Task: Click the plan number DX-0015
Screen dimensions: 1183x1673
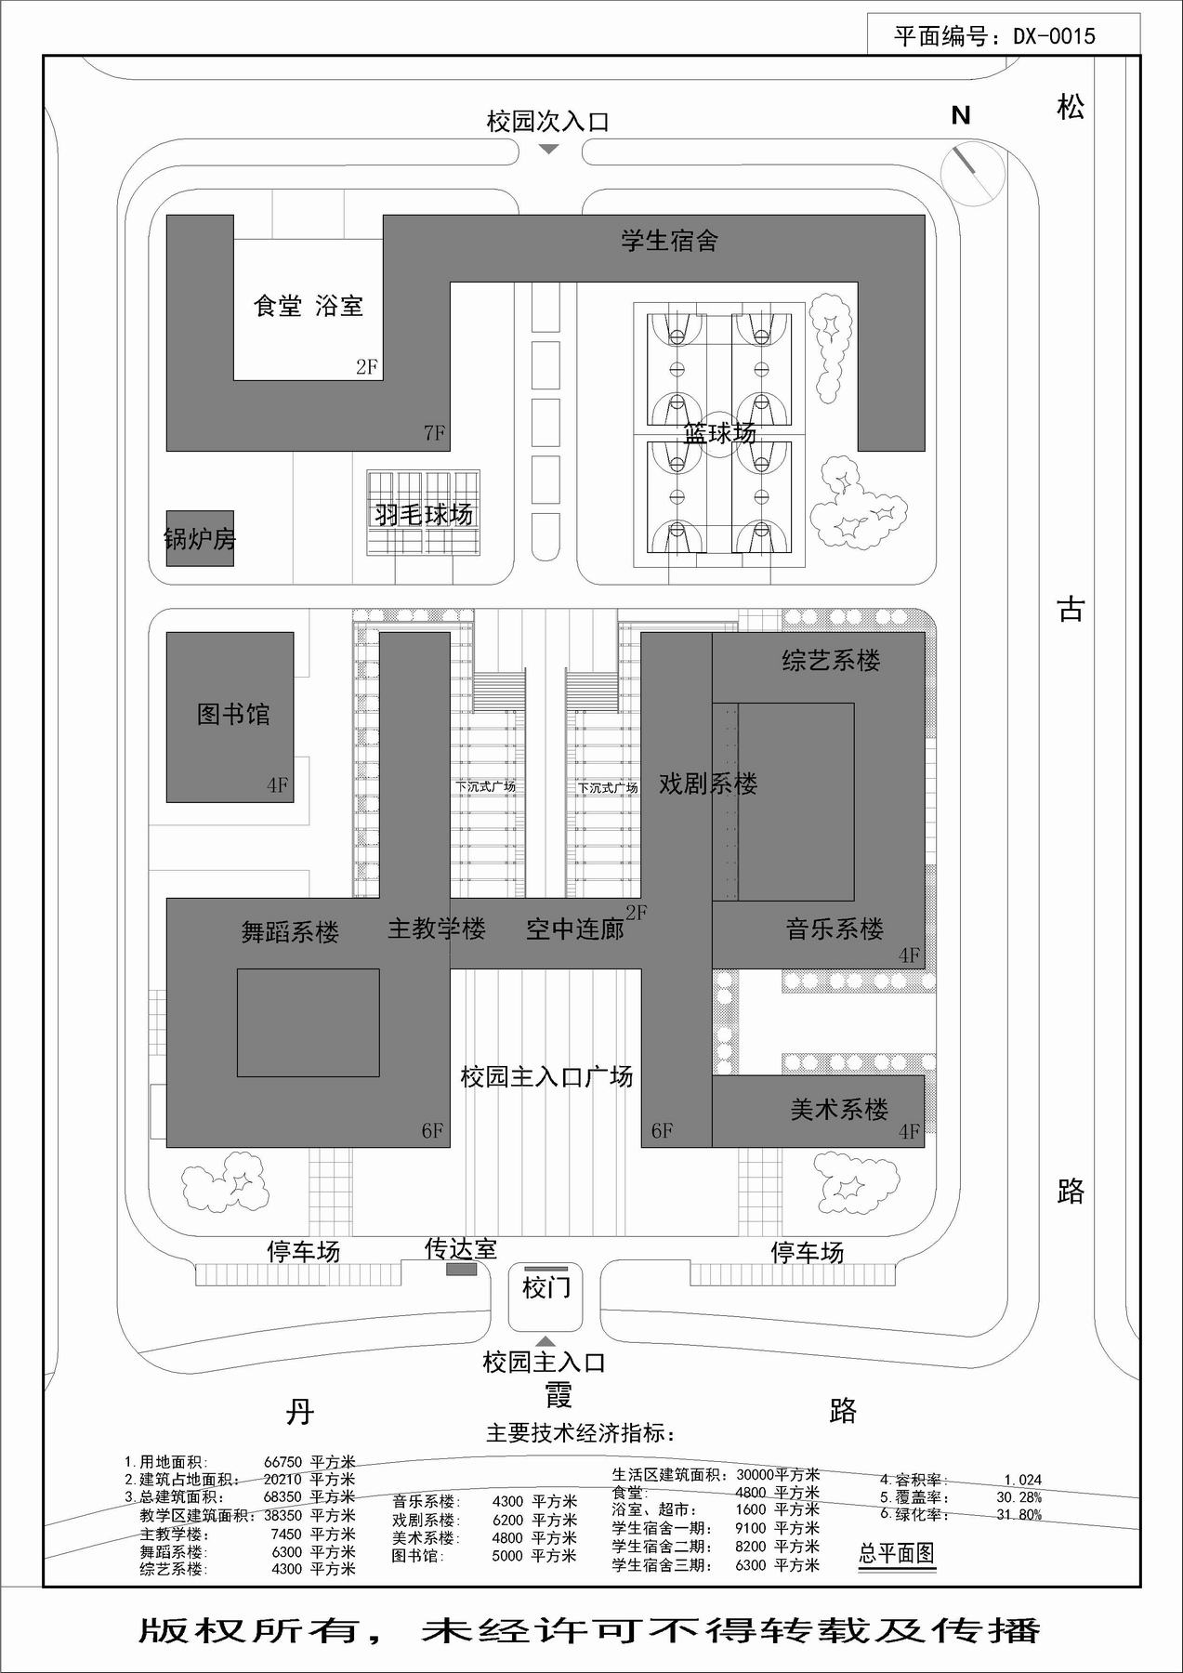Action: [x=1054, y=36]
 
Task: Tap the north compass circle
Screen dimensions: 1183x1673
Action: [x=973, y=173]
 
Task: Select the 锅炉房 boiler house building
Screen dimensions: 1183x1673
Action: [x=200, y=538]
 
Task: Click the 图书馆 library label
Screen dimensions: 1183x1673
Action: [x=233, y=714]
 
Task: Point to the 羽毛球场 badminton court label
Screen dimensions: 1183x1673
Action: [x=424, y=514]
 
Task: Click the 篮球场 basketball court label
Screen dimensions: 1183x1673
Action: [x=719, y=433]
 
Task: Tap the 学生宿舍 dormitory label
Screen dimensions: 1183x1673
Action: [x=669, y=241]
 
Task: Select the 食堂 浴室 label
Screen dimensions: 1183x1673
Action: [x=308, y=306]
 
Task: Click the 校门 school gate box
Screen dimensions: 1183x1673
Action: [x=546, y=1298]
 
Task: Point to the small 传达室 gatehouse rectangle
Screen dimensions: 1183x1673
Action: [x=461, y=1270]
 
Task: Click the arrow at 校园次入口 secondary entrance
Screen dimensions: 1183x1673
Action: [x=548, y=149]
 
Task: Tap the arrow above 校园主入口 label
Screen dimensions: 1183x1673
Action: [x=546, y=1341]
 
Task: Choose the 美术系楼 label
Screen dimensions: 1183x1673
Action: [x=839, y=1109]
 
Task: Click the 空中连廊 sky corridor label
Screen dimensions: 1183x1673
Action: [x=575, y=929]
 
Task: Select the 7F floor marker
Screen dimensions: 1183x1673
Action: [x=434, y=432]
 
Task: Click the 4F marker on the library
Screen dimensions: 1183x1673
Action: [x=277, y=785]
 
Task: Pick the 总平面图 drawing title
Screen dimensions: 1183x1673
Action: [x=896, y=1553]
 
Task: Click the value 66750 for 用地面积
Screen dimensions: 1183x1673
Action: [x=283, y=1462]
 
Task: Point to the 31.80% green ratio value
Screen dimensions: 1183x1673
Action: [x=1019, y=1515]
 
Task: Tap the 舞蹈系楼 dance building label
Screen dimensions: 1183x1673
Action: [x=290, y=932]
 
